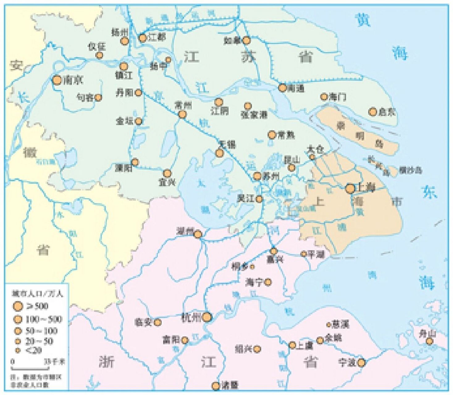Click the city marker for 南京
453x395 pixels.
point(57,80)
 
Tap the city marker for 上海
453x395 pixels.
point(350,188)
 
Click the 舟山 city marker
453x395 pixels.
point(429,341)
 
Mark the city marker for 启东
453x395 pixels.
point(373,112)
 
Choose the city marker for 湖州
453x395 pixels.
point(198,234)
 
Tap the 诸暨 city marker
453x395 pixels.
point(216,386)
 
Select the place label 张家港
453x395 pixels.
point(254,115)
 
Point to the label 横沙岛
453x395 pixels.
point(410,170)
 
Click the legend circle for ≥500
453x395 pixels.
point(18,306)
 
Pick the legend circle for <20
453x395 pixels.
point(18,351)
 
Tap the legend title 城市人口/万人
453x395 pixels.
point(36,293)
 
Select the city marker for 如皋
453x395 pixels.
point(246,40)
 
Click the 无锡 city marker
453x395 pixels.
point(220,153)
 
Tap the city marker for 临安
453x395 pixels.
point(157,322)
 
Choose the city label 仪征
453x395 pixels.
point(97,47)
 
